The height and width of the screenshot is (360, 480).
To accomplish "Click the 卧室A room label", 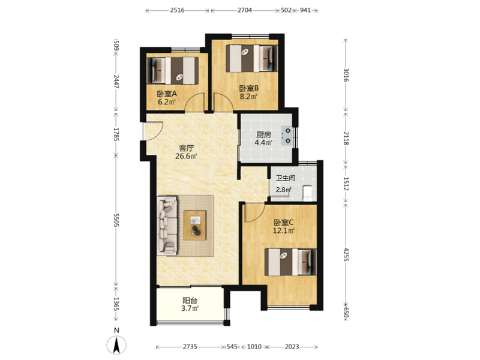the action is (x=167, y=94).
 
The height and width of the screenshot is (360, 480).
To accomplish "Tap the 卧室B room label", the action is (x=249, y=88).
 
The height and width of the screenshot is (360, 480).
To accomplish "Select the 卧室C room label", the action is (x=284, y=223).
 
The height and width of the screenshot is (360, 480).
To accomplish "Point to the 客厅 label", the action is (x=186, y=148).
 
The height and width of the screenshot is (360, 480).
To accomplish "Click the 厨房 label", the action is (x=263, y=134).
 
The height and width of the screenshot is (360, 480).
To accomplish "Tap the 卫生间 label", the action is (x=286, y=178).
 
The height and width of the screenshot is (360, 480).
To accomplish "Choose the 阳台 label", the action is (x=190, y=301).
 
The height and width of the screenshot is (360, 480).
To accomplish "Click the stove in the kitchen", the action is (x=287, y=136).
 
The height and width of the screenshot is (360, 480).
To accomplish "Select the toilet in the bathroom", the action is (x=307, y=193).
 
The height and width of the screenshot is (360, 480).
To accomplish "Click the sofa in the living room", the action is (x=167, y=226).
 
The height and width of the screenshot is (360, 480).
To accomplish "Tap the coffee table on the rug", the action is (x=195, y=226).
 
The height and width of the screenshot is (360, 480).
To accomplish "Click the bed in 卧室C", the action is (x=290, y=262).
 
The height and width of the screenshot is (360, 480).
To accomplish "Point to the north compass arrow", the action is (x=116, y=345).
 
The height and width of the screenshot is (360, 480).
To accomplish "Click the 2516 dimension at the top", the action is (x=177, y=10).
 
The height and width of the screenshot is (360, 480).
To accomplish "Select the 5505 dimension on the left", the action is (x=116, y=220).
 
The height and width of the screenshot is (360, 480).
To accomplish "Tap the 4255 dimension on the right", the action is (x=346, y=254).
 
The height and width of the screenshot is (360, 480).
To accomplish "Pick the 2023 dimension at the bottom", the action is (x=292, y=347).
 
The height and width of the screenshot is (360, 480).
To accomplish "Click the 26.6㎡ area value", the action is (x=186, y=157).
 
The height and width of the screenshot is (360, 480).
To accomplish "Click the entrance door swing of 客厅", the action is (x=154, y=131).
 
